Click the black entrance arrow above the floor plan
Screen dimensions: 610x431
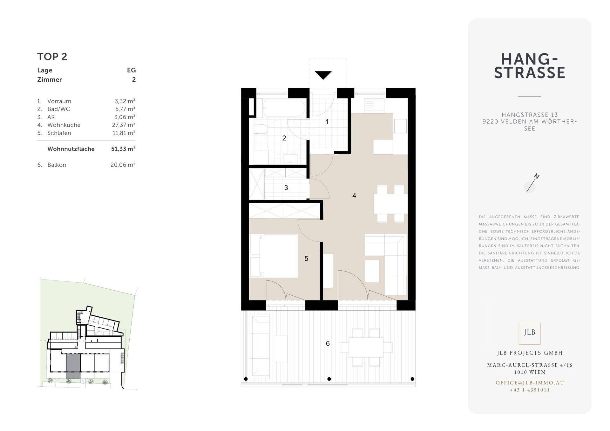coord(323,75)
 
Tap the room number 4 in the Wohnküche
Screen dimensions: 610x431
coord(354,196)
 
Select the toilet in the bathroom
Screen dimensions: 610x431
coord(261,130)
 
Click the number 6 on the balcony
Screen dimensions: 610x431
coord(328,343)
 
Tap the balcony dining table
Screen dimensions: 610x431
coord(366,347)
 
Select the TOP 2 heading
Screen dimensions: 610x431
coord(52,57)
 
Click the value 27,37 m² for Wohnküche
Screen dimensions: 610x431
coord(124,125)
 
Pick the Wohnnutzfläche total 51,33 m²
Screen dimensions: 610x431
coord(123,149)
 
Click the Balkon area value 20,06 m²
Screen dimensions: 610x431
coord(123,165)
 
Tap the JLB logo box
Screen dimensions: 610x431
coord(529,333)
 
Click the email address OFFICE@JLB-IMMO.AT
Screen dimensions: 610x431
coord(530,383)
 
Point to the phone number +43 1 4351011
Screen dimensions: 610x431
coord(530,390)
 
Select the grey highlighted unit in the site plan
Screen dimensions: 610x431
coord(73,366)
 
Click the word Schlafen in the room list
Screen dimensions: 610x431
coord(59,133)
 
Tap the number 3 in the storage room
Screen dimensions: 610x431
coord(286,188)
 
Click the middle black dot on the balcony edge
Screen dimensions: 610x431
coord(329,379)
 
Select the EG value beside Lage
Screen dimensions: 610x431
coord(131,70)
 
